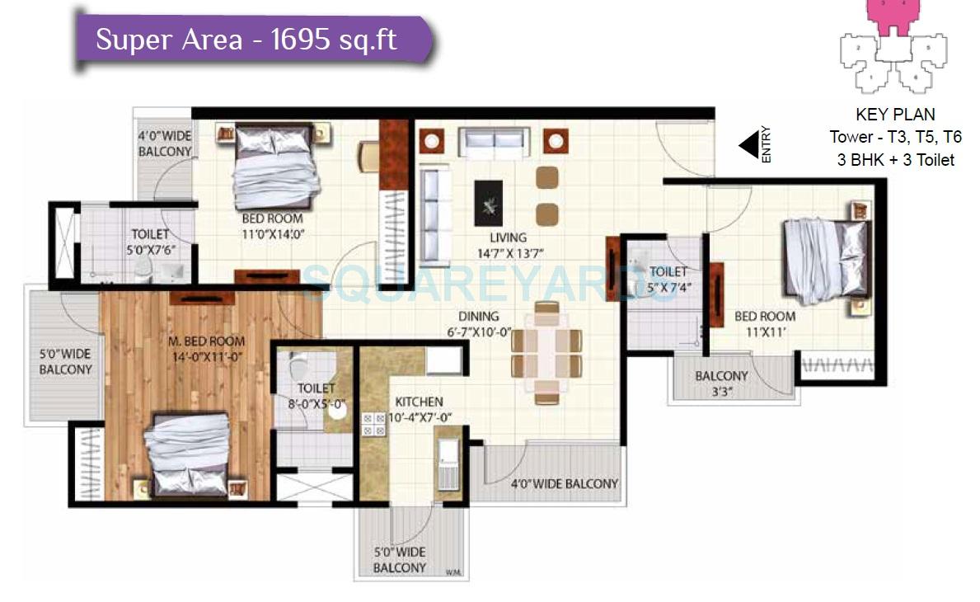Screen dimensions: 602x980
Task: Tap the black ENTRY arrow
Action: [748, 146]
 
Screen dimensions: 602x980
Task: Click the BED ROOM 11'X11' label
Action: [765, 323]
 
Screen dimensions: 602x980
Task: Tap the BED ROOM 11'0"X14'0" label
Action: [272, 226]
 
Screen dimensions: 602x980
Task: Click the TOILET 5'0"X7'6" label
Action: [150, 242]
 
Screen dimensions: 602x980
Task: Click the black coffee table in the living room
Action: [488, 203]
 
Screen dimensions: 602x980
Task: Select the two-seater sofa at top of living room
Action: [495, 143]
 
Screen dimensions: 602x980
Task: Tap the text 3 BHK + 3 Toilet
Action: [896, 160]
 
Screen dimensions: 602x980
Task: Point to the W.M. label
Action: [452, 571]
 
